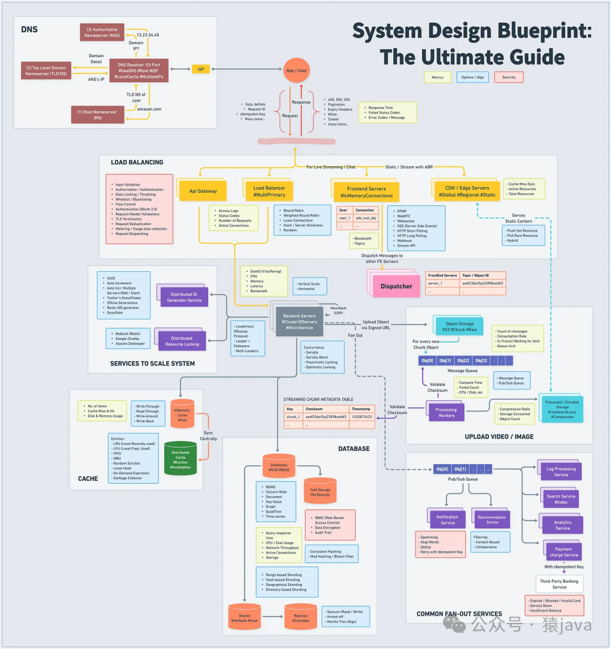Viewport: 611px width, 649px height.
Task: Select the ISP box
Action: tap(200, 69)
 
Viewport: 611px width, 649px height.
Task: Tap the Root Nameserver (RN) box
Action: tap(98, 115)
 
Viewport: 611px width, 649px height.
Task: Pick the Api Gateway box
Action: tap(203, 191)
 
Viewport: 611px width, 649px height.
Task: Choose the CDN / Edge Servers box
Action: tap(465, 191)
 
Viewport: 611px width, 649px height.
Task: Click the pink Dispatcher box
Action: tap(396, 286)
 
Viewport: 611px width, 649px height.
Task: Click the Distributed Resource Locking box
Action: tap(182, 341)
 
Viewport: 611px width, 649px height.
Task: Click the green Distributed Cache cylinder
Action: tap(180, 458)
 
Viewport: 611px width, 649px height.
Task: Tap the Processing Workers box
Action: tap(446, 412)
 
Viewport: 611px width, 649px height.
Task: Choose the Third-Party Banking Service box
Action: tap(559, 583)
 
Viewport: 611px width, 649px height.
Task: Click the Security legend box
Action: tap(509, 77)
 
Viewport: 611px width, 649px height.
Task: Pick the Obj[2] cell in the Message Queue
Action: tap(463, 361)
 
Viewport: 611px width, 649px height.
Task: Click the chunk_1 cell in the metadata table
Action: tap(292, 417)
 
